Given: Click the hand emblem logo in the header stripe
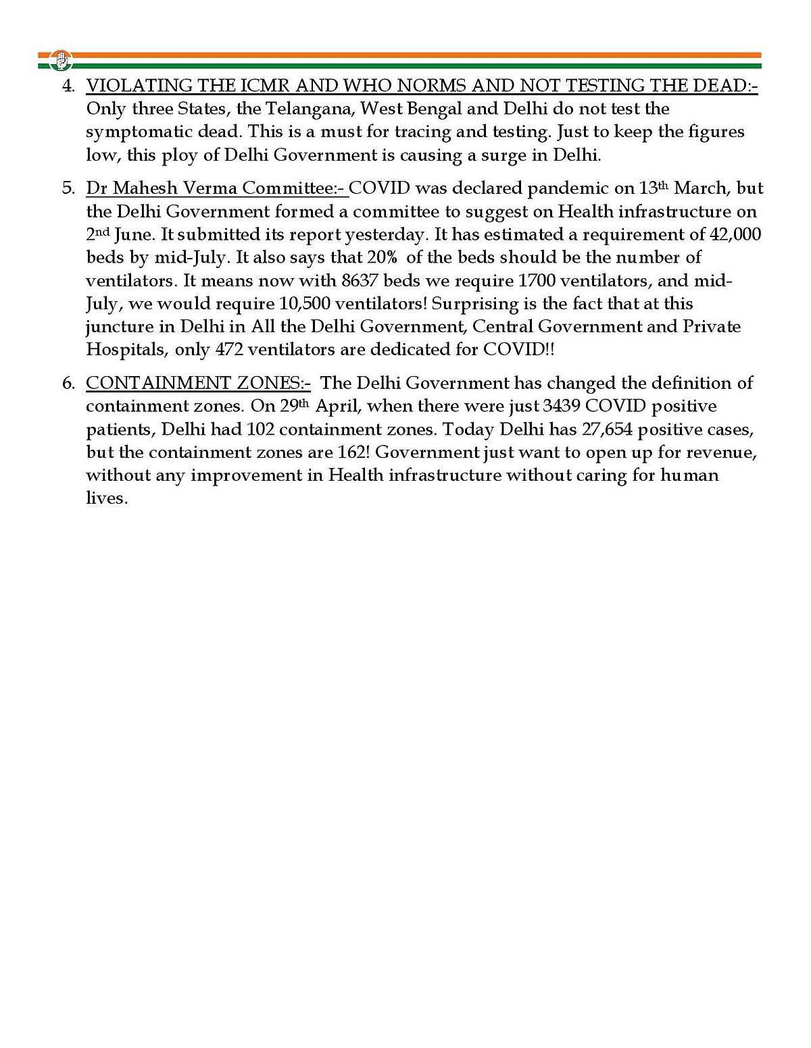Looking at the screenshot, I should (62, 60).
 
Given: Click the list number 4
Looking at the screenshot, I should (67, 86).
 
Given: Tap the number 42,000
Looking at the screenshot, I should (735, 234).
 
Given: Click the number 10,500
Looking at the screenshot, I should (304, 303).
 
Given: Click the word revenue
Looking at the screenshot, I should (720, 452).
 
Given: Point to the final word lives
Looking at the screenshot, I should (106, 498).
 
